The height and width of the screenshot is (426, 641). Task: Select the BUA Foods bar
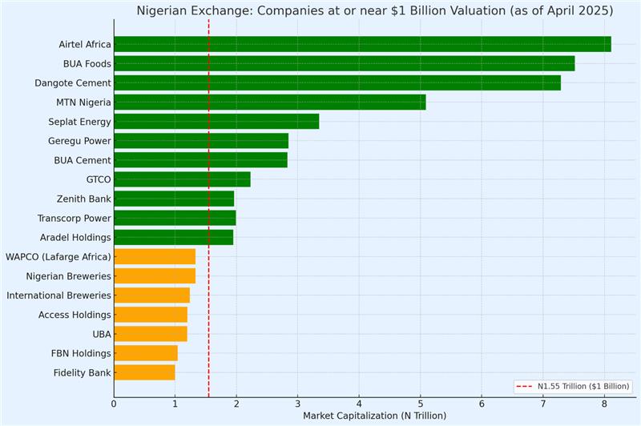[344, 63]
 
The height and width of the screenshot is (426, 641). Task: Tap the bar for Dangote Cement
[337, 82]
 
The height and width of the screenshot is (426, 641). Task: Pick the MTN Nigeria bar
[269, 102]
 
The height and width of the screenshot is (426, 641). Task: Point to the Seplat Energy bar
[216, 122]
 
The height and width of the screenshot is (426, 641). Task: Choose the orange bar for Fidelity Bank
[144, 372]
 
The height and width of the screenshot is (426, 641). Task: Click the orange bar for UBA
[151, 334]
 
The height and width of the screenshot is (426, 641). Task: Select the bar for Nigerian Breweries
[155, 275]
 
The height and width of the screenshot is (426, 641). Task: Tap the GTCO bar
[182, 179]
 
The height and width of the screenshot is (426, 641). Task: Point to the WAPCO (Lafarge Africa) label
[58, 256]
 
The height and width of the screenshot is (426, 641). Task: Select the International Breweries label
[58, 295]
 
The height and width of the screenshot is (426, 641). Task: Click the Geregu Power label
[79, 141]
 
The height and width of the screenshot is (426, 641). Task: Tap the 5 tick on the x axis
[420, 404]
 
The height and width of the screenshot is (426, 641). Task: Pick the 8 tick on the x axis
[604, 404]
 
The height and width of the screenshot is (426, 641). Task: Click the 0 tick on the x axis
[114, 404]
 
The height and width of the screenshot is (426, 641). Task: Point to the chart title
[375, 11]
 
